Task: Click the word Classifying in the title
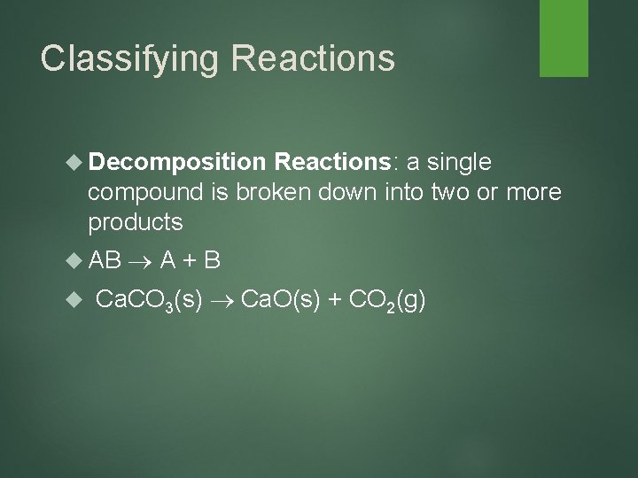pyautogui.click(x=123, y=58)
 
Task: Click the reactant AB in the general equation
pyautogui.click(x=105, y=261)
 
